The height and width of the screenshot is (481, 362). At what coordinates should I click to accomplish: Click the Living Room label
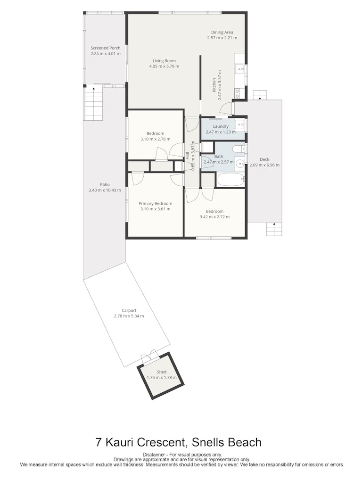point(165,61)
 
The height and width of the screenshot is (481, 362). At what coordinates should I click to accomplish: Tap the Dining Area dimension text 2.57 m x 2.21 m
point(222,38)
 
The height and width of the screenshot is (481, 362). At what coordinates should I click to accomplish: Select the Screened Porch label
point(106,48)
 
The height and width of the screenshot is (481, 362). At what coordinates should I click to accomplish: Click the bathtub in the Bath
point(230,180)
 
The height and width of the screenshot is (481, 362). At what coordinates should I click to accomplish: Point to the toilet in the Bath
point(239,149)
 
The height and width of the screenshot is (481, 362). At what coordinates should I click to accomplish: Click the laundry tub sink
point(240,125)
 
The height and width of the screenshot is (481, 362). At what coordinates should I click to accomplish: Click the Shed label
point(162,372)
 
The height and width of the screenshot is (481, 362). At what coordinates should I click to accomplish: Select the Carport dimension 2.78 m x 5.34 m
point(129,316)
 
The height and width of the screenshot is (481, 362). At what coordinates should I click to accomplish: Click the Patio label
point(105,184)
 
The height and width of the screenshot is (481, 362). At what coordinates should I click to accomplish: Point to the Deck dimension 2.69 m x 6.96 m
point(264,165)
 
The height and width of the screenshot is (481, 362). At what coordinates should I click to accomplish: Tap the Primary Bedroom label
point(156,203)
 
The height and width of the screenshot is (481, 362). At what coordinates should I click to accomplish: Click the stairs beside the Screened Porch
point(93,104)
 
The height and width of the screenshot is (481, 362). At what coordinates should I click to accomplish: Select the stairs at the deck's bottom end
point(274,229)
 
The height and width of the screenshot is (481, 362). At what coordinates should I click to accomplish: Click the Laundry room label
point(221,126)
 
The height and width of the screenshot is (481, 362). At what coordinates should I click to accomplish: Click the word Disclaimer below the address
point(154,455)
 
